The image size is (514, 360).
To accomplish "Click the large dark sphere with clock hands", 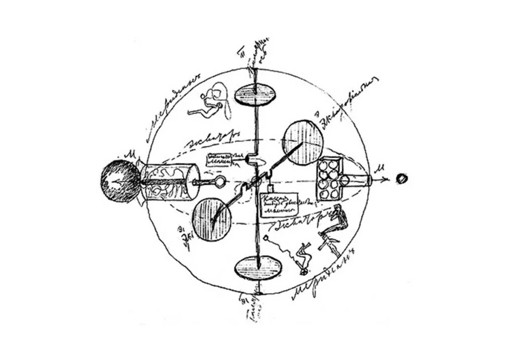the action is coord(119,181).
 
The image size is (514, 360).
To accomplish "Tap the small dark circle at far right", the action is coord(402,178).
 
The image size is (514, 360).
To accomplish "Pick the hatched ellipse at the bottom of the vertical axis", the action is coord(258,266).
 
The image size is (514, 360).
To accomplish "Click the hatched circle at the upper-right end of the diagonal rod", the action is coord(303,142).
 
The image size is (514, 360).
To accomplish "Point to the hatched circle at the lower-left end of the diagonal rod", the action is coord(212,219).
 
